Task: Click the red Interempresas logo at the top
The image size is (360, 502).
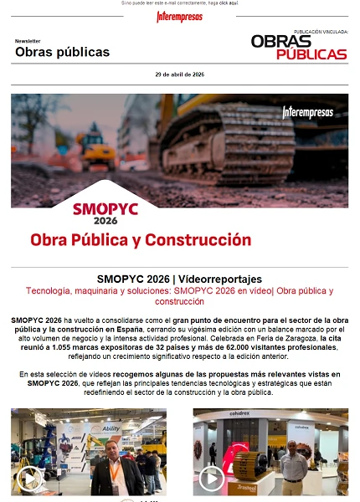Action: click(x=179, y=17)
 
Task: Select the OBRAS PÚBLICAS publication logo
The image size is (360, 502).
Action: click(x=299, y=47)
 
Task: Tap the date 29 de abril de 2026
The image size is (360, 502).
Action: click(x=179, y=74)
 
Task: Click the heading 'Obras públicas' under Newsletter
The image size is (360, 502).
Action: click(x=62, y=53)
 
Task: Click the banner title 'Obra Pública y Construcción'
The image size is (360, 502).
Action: click(x=141, y=240)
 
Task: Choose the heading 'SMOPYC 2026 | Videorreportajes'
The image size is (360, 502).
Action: click(x=179, y=279)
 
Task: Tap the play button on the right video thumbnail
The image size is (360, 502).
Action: click(x=211, y=478)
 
